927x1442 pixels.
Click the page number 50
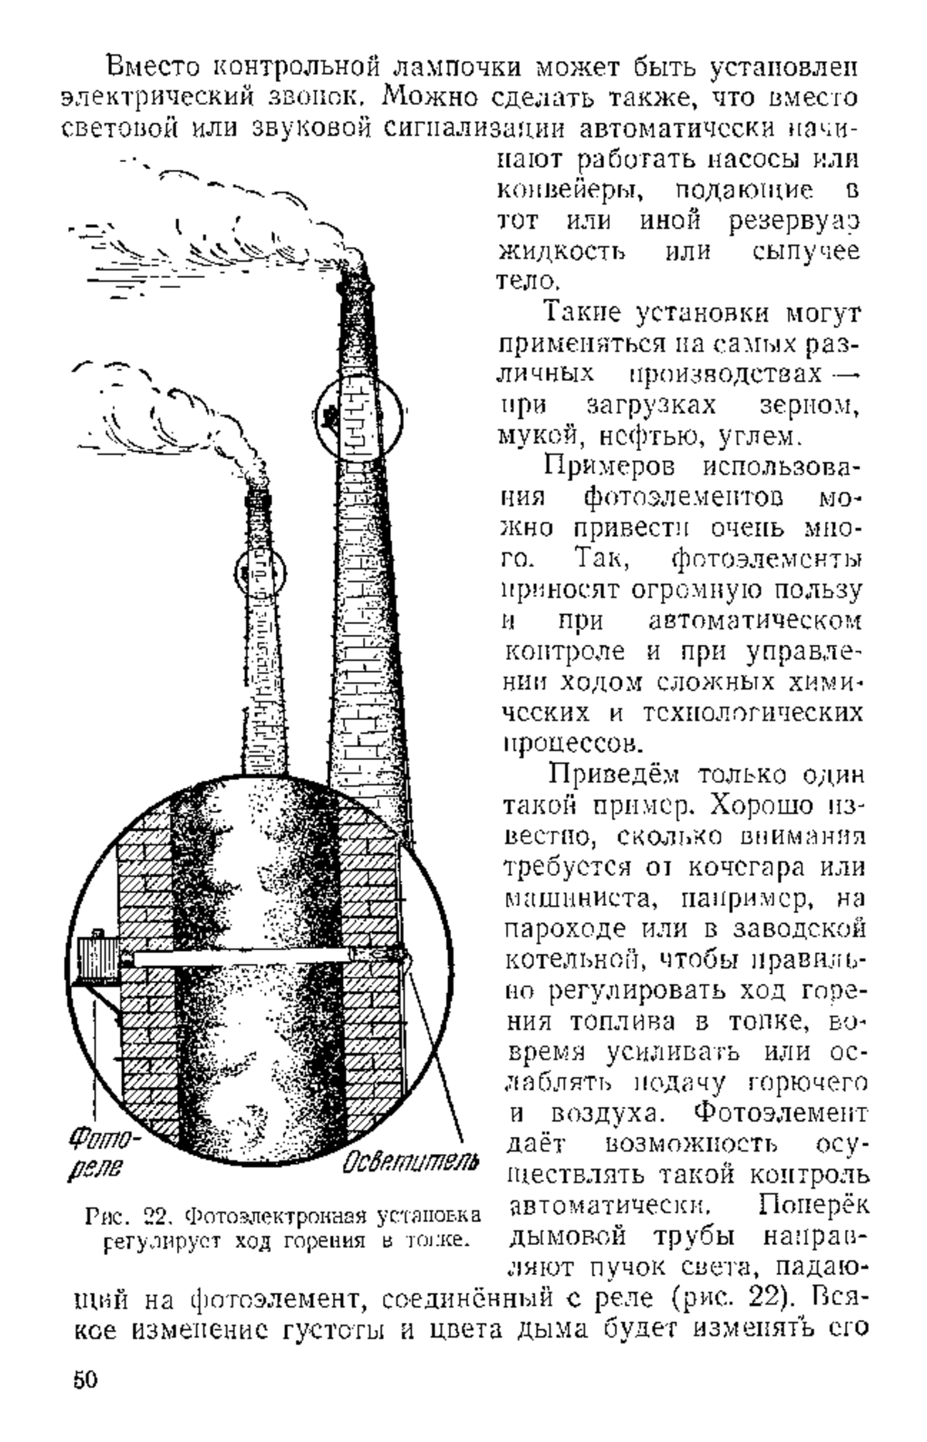[84, 1380]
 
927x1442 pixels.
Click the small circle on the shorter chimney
[260, 572]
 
